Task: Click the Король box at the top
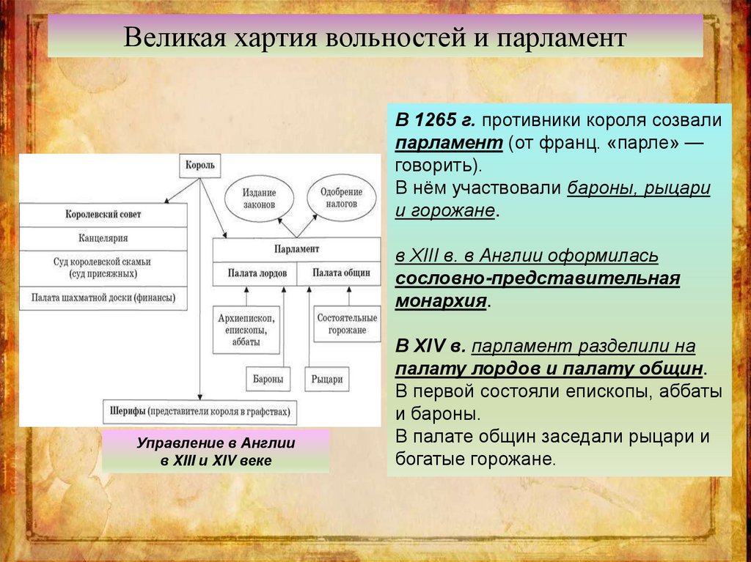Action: [200, 165]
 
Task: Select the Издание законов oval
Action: [259, 198]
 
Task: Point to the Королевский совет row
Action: [103, 215]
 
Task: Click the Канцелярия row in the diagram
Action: [103, 238]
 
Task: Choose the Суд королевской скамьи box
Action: [103, 267]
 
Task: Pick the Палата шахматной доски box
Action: [103, 298]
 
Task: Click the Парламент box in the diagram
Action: [296, 249]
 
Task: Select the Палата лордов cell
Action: [254, 273]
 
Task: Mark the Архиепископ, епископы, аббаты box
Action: [246, 330]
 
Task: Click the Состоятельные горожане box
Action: [347, 324]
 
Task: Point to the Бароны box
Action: [265, 380]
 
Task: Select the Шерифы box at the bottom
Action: [199, 411]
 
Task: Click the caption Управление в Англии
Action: [216, 443]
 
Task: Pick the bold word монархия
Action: [441, 301]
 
